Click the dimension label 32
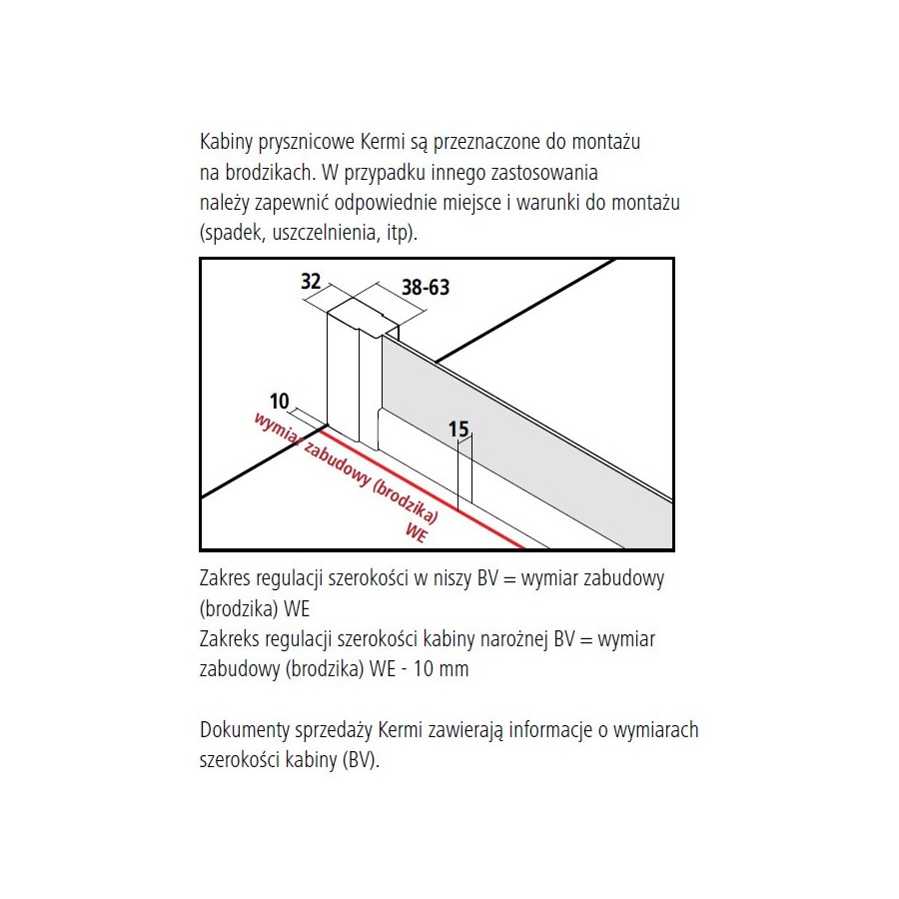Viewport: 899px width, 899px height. (x=311, y=282)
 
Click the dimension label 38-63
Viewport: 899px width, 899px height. (x=426, y=288)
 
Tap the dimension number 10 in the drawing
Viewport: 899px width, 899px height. (x=280, y=402)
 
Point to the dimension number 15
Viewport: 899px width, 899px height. (x=458, y=429)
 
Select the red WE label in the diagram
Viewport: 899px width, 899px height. (x=417, y=532)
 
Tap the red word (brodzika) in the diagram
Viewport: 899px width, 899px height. (x=406, y=502)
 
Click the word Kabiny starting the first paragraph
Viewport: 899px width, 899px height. (x=226, y=142)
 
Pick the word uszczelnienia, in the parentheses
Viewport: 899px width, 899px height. (x=324, y=233)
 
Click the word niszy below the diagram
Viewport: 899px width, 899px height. (x=452, y=578)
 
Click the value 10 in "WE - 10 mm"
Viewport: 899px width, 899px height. (x=424, y=669)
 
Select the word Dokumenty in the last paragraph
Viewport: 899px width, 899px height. (x=245, y=730)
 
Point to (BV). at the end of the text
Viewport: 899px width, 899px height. (x=362, y=760)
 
